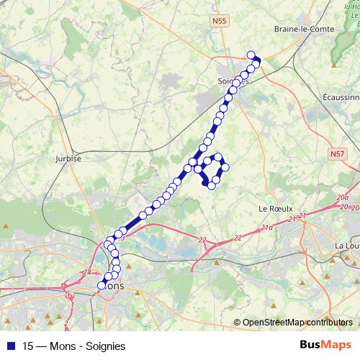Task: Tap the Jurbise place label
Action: tap(67, 158)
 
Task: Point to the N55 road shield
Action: tap(219, 22)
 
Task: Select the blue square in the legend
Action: tap(9, 346)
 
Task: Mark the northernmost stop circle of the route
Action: tap(251, 55)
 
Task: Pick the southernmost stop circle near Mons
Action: tap(102, 285)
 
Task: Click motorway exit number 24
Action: tap(87, 271)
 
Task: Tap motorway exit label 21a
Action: tap(267, 228)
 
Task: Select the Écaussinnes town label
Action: tap(341, 96)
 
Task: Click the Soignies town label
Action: tap(232, 81)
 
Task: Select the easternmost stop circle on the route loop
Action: tap(225, 168)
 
